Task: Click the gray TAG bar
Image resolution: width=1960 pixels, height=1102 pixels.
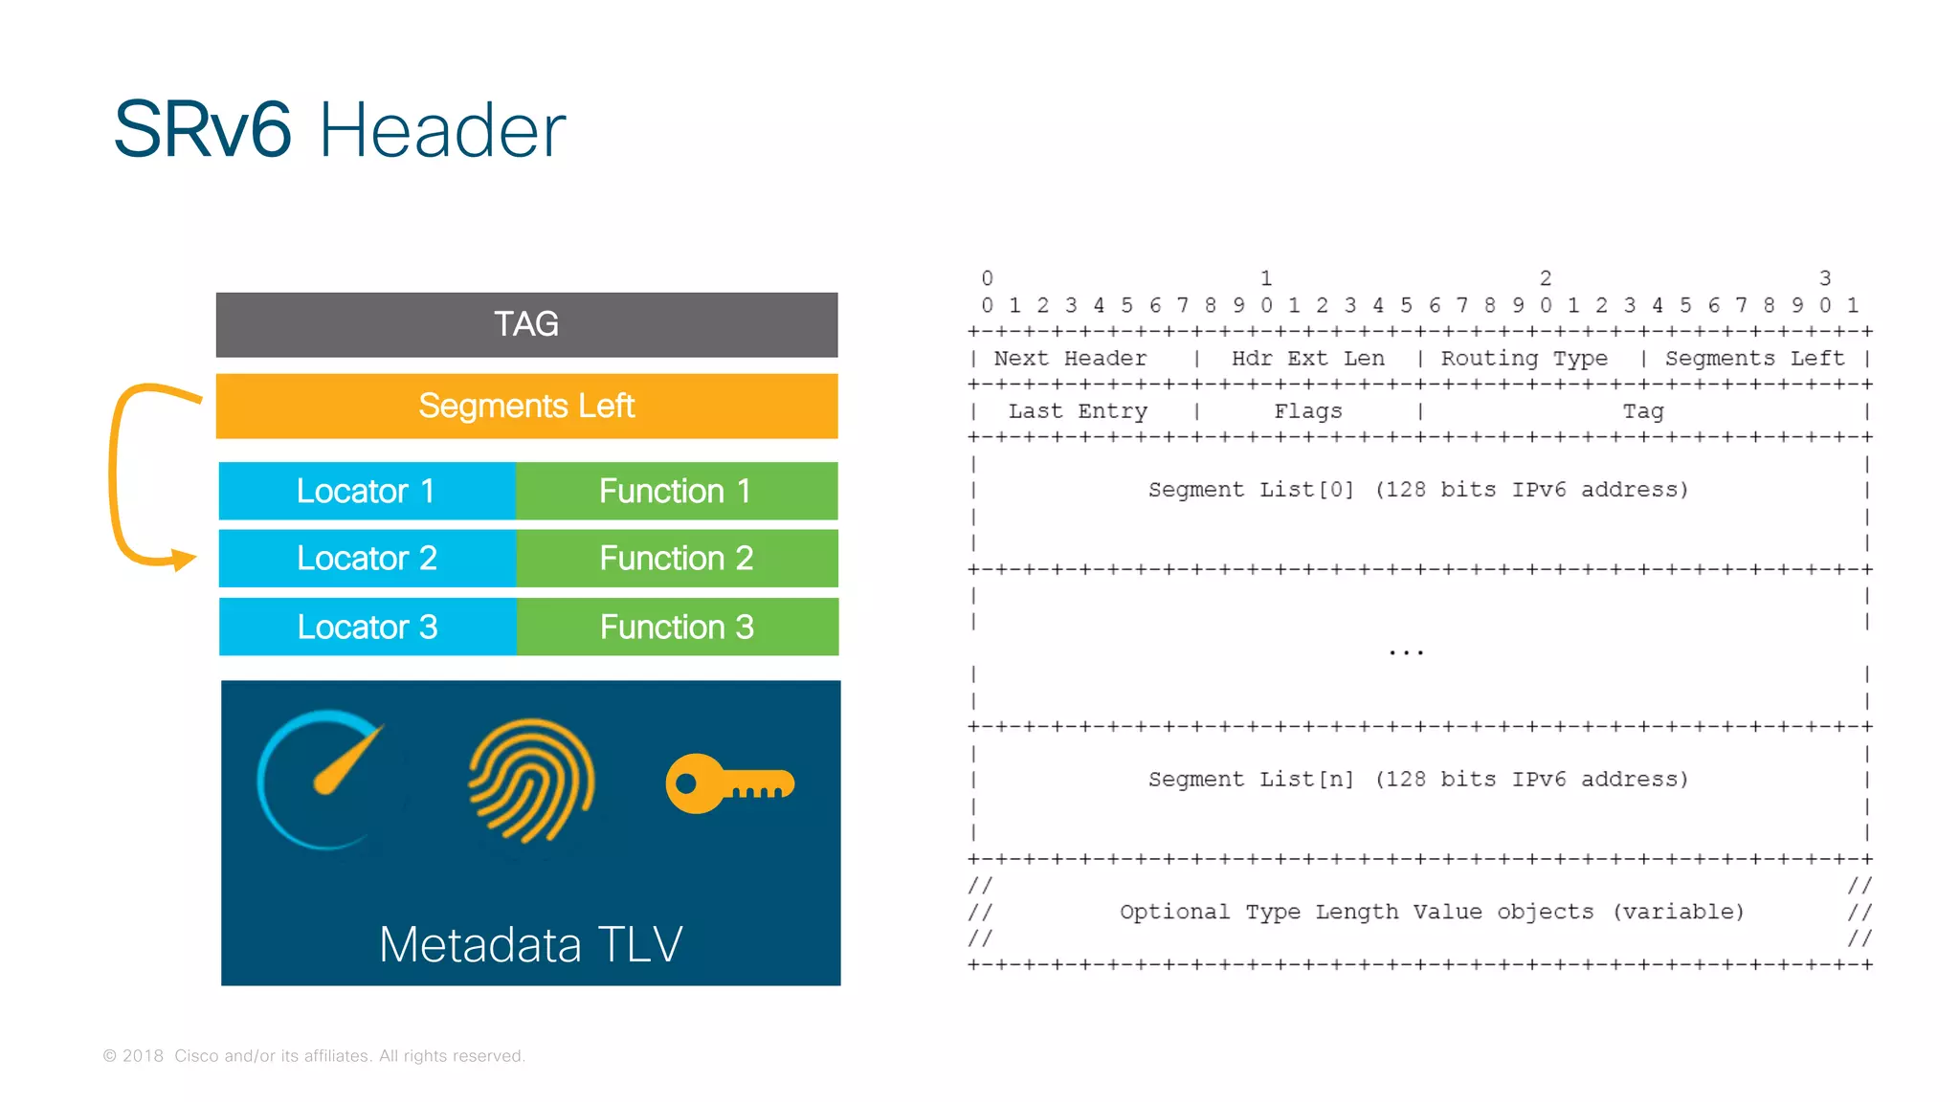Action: pos(526,324)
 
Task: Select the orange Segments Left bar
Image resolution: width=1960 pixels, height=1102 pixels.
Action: pos(526,406)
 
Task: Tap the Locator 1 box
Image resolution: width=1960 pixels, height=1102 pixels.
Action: pos(367,491)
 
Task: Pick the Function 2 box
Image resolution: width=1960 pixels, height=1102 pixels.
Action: pos(677,558)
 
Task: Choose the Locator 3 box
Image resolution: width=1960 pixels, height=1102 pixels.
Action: pos(367,627)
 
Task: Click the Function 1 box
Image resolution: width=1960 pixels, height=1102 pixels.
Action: pos(676,491)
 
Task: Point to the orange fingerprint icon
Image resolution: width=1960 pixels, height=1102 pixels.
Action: pos(531,781)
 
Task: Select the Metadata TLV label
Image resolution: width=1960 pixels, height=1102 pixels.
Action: pos(531,944)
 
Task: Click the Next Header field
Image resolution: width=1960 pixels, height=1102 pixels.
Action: pos(1070,359)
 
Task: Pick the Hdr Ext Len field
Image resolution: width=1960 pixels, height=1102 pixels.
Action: pos(1307,359)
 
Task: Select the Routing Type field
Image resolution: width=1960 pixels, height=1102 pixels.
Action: pos(1525,359)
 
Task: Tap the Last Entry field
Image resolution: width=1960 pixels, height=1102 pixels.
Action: pos(1078,411)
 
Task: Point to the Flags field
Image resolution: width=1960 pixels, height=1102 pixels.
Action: pos(1308,411)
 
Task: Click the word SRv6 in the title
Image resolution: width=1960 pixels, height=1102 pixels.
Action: pos(203,130)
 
